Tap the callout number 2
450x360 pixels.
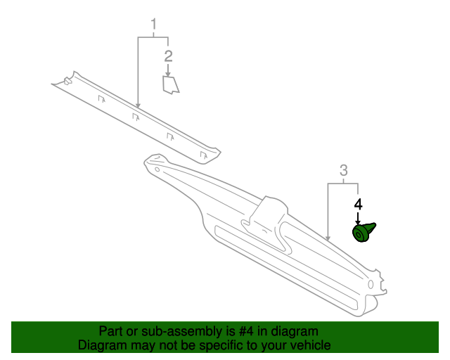pyautogui.click(x=168, y=56)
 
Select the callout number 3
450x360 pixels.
pyautogui.click(x=344, y=170)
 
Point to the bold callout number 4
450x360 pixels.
pyautogui.click(x=358, y=205)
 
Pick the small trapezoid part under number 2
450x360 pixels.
pyautogui.click(x=171, y=84)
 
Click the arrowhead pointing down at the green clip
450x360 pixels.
pyautogui.click(x=358, y=219)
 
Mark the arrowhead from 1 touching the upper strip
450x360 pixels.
pyautogui.click(x=138, y=106)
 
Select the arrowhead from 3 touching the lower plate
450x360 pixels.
pyautogui.click(x=328, y=239)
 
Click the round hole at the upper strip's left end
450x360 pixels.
pyautogui.click(x=67, y=82)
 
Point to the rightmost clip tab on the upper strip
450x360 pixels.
pyautogui.click(x=203, y=155)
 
